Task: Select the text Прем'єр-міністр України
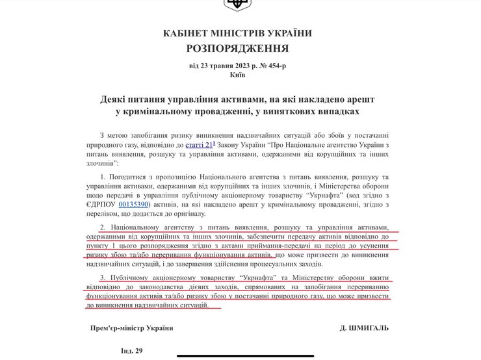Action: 132,328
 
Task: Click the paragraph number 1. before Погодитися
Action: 103,177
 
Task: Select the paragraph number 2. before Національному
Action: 103,228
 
